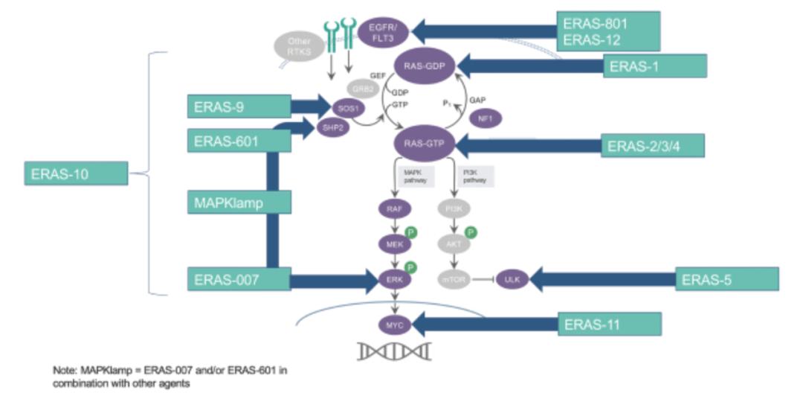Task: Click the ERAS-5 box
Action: (726, 280)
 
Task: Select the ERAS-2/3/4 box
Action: (652, 145)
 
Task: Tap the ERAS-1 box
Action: (654, 66)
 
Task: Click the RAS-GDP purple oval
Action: (425, 66)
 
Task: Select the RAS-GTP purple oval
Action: (425, 144)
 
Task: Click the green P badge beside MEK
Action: (411, 233)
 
